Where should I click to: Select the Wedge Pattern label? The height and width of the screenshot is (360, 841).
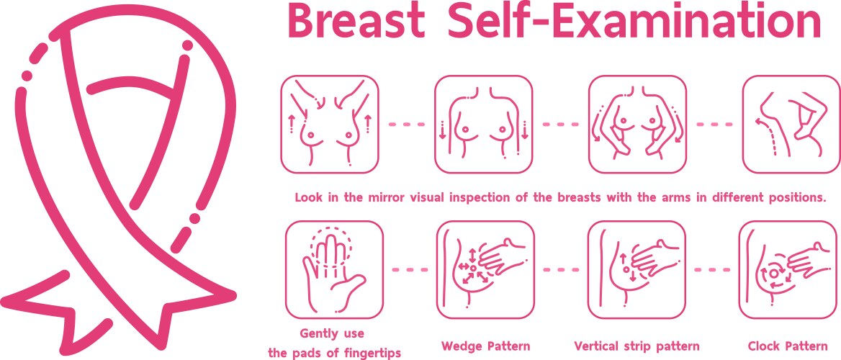tap(486, 346)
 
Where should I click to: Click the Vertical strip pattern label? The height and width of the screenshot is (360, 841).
tap(637, 346)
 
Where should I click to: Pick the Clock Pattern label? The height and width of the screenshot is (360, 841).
tap(788, 346)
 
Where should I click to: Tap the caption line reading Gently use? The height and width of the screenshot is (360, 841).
tap(332, 333)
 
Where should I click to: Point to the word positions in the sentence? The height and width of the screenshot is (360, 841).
tap(795, 197)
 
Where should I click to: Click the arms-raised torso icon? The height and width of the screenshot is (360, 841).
tap(329, 124)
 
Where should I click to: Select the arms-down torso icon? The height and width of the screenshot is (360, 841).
tap(483, 124)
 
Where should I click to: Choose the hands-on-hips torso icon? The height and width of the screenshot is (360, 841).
tap(637, 124)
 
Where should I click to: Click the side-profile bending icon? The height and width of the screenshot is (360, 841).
tap(791, 124)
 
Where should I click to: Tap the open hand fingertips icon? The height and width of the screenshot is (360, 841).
tap(334, 270)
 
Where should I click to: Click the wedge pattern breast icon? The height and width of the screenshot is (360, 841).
tap(485, 270)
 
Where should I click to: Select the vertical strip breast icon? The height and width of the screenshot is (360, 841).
tap(637, 270)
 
